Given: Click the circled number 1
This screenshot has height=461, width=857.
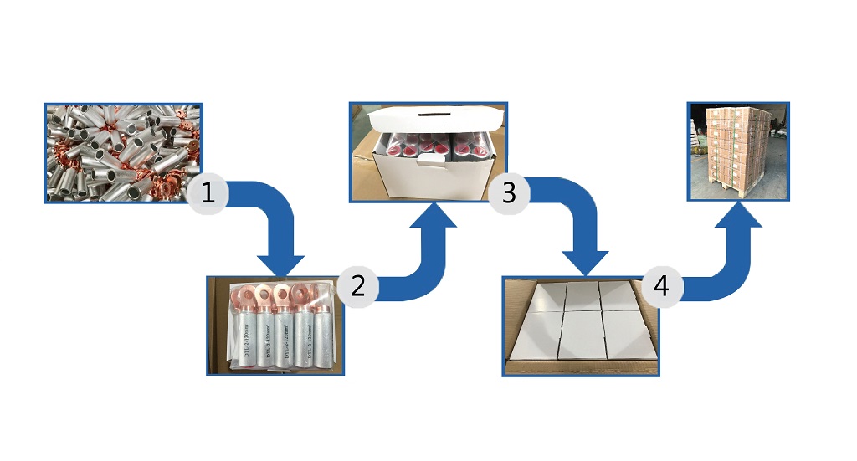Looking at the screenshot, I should point(207,194).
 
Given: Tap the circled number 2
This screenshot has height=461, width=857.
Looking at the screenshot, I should point(357,286).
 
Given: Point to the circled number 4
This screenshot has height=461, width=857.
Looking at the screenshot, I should point(661,286).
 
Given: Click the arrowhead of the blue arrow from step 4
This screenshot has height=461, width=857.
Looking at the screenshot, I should point(739,214).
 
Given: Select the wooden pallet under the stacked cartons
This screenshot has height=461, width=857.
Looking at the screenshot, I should point(737,193).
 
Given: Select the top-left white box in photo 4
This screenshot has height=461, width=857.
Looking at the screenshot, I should point(540,297).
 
